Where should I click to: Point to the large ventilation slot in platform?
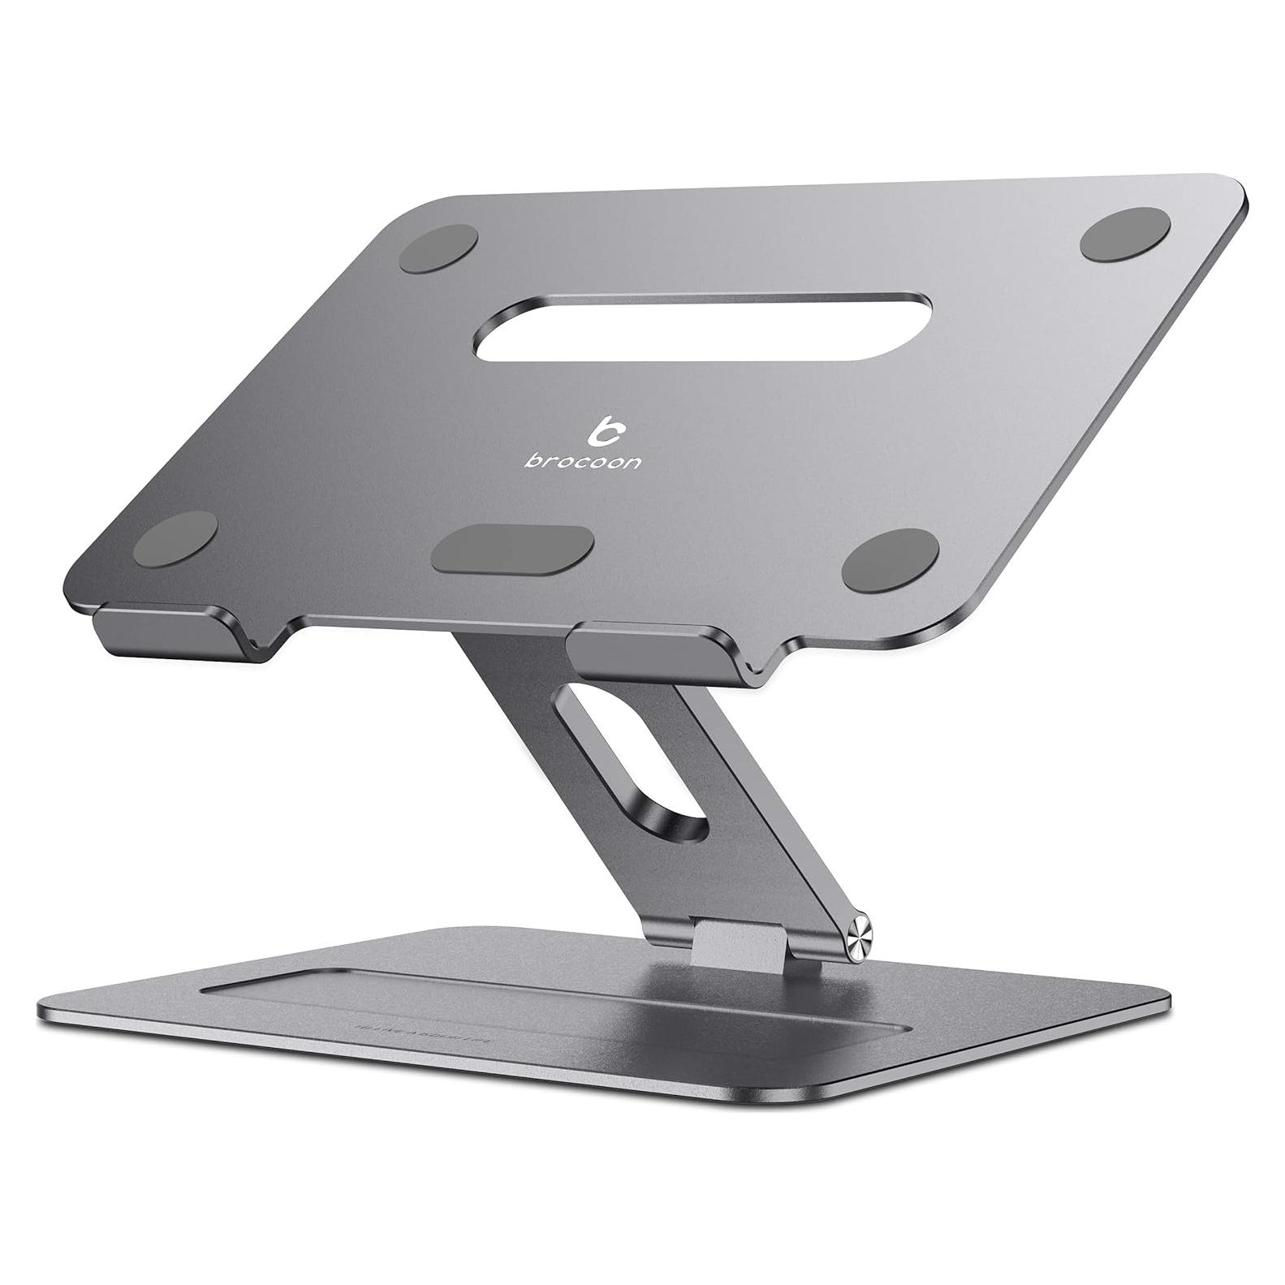pos(703,326)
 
